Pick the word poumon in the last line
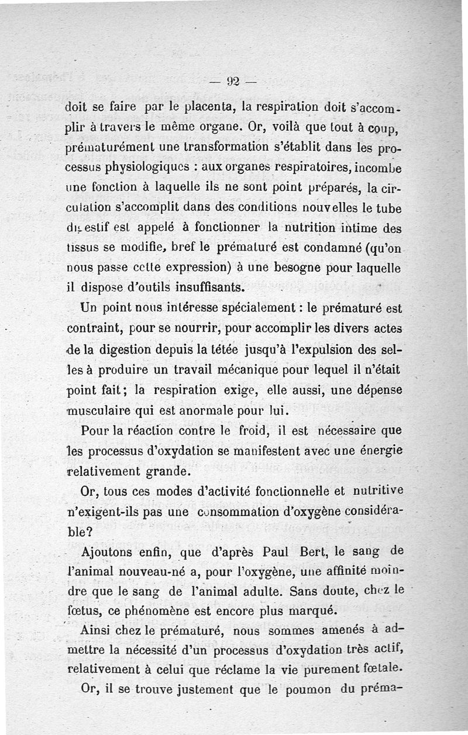click(x=307, y=688)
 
